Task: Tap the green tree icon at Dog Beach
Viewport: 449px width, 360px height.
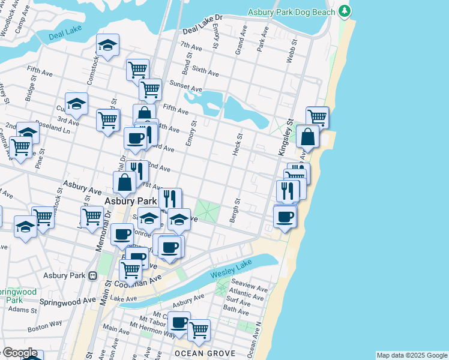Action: click(x=344, y=11)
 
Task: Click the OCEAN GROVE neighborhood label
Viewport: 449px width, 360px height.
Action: click(x=204, y=353)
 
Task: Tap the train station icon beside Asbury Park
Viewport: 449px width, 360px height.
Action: click(x=92, y=276)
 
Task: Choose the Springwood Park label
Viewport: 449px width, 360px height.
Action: click(x=19, y=295)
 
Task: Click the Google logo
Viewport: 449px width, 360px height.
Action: click(x=19, y=353)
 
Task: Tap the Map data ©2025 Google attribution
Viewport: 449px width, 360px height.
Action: click(x=412, y=355)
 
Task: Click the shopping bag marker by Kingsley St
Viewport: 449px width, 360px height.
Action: click(x=307, y=136)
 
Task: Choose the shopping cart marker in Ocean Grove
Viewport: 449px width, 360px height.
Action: click(x=199, y=330)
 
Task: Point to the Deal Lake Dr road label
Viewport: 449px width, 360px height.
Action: click(x=202, y=24)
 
